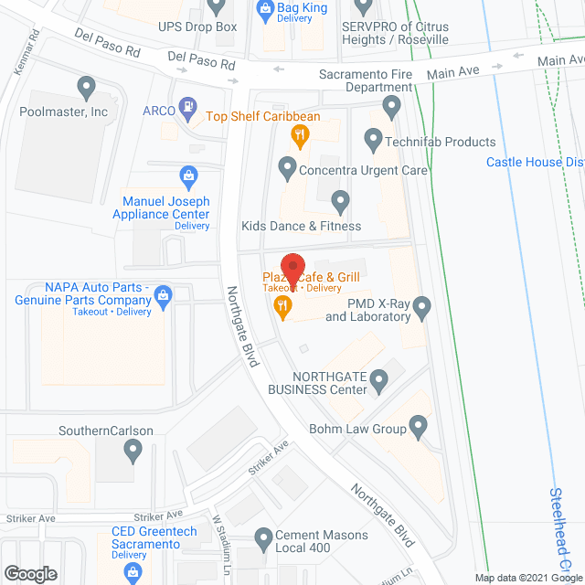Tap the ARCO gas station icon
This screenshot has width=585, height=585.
tap(187, 108)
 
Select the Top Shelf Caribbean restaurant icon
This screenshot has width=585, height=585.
tap(299, 137)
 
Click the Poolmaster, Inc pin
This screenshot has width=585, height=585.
tap(87, 89)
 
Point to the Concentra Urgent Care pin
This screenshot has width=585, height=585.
tap(287, 167)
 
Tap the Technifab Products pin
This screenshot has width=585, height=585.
tap(372, 140)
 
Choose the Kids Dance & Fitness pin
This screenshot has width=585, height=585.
tap(340, 200)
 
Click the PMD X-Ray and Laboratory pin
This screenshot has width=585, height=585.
tap(421, 310)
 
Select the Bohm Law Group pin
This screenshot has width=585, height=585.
tap(418, 425)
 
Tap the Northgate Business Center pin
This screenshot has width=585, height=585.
tap(384, 387)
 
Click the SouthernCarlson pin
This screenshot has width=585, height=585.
tap(133, 449)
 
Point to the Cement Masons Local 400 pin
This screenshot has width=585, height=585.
tap(264, 537)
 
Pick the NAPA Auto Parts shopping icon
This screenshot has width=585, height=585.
tap(164, 294)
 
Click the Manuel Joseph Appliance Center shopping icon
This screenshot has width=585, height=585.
tap(188, 174)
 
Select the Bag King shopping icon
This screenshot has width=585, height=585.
tap(264, 11)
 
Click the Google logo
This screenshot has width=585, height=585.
tap(30, 574)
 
